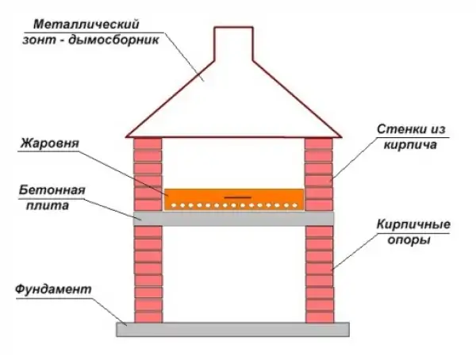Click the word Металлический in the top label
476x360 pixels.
[x=86, y=25]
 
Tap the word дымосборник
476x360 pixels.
[x=113, y=40]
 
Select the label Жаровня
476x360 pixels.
[x=50, y=144]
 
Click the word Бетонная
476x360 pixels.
[x=52, y=190]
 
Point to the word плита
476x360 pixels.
[x=48, y=206]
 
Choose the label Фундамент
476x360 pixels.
[x=53, y=289]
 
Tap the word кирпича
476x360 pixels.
[x=410, y=145]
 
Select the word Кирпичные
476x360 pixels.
[x=413, y=225]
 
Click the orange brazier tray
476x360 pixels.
[x=234, y=199]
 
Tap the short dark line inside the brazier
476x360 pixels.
[x=238, y=197]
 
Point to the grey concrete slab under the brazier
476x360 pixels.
[x=234, y=219]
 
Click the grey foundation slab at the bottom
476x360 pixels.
[x=232, y=329]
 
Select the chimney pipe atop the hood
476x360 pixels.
[x=233, y=44]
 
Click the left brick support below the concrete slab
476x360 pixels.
[x=148, y=274]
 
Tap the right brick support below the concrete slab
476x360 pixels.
[x=320, y=274]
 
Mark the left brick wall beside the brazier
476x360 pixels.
[x=148, y=174]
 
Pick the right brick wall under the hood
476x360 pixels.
[x=319, y=174]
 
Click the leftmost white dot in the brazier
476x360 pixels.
[x=174, y=205]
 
